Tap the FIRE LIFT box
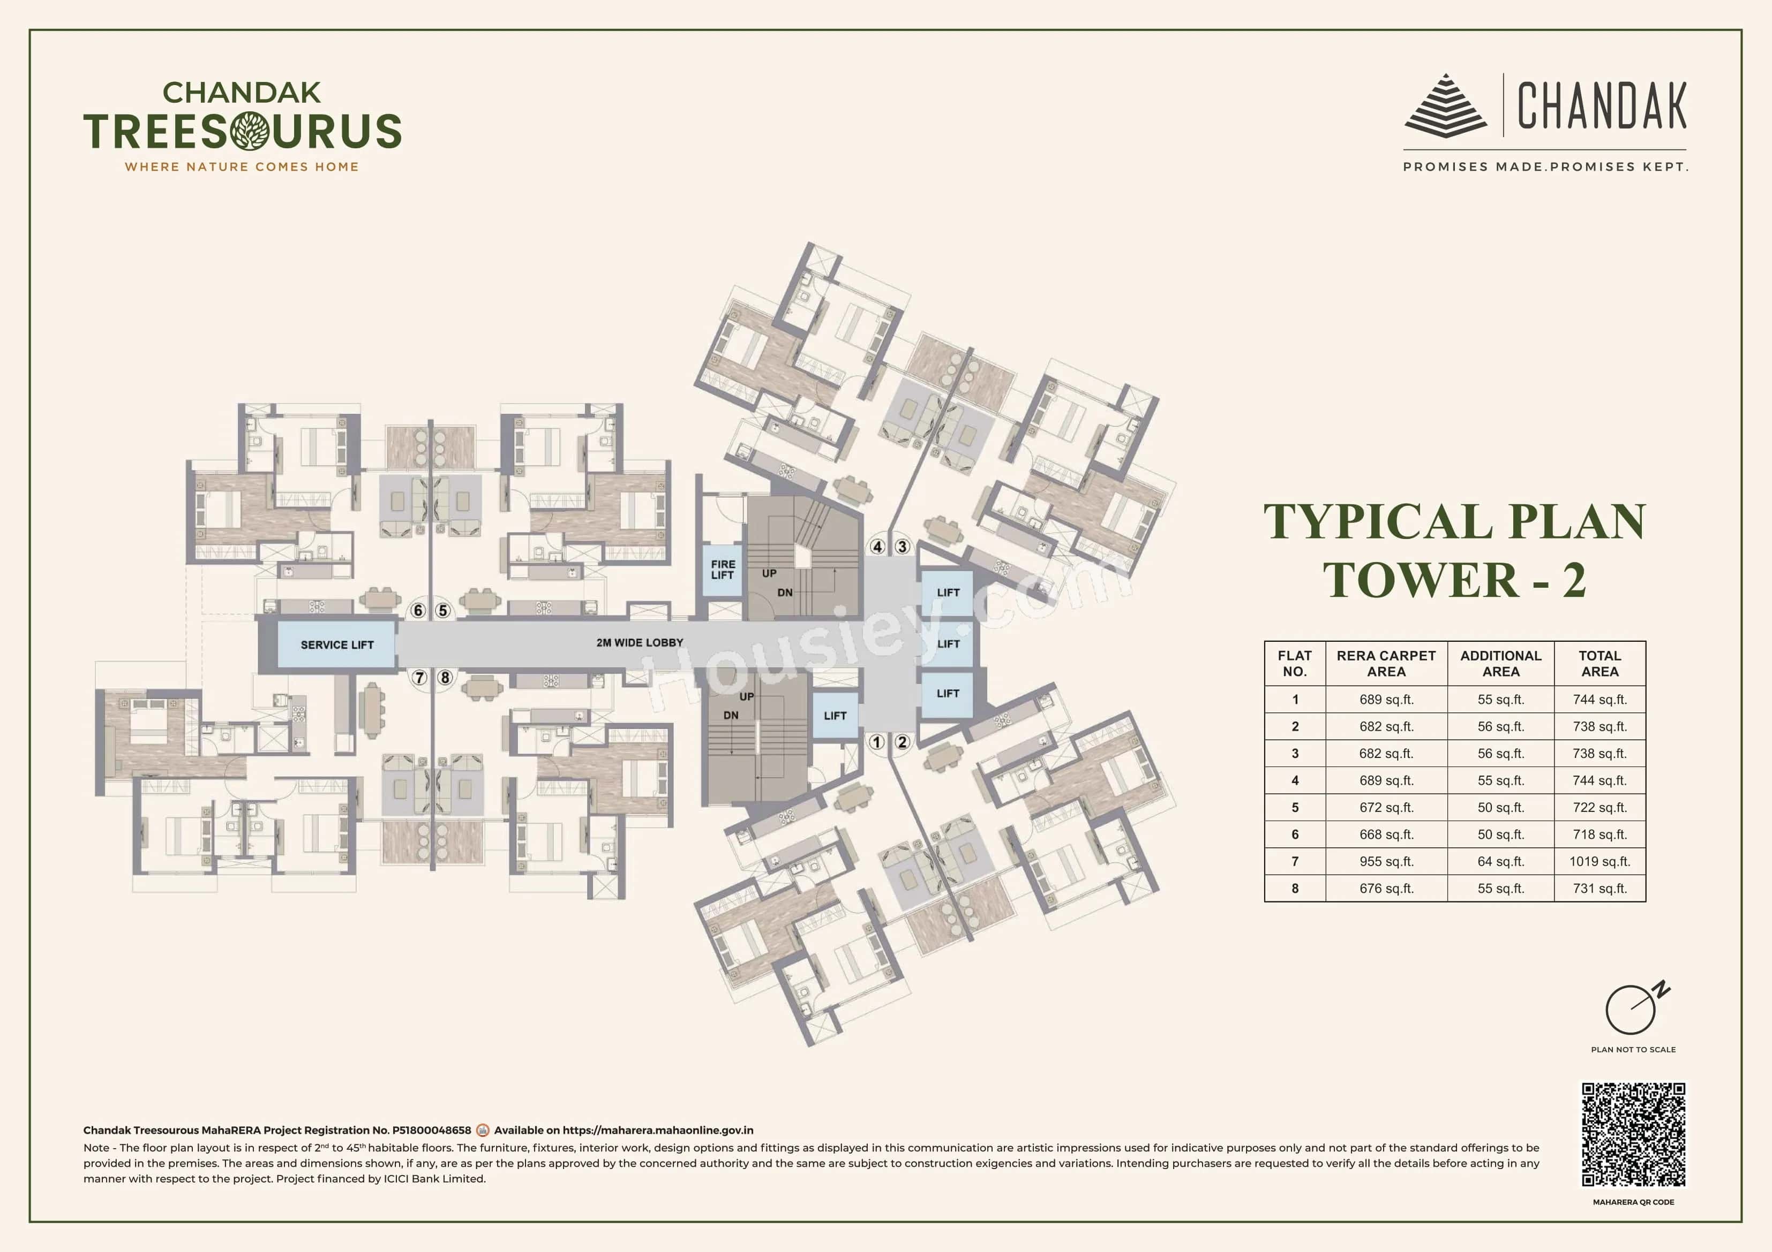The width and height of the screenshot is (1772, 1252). click(x=723, y=570)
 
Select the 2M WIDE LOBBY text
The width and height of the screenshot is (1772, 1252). click(x=639, y=642)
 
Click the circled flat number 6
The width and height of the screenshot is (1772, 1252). click(x=418, y=611)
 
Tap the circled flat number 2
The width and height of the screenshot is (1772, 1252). click(x=902, y=742)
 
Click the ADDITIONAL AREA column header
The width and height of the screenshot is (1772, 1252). click(x=1500, y=663)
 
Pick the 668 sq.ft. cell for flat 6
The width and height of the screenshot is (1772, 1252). click(x=1386, y=834)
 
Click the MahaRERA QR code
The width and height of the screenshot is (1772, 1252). click(x=1633, y=1134)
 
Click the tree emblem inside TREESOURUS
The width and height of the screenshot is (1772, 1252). click(x=249, y=131)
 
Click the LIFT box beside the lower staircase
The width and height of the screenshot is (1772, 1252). click(x=834, y=716)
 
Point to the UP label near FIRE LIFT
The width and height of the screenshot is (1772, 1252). click(x=769, y=573)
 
